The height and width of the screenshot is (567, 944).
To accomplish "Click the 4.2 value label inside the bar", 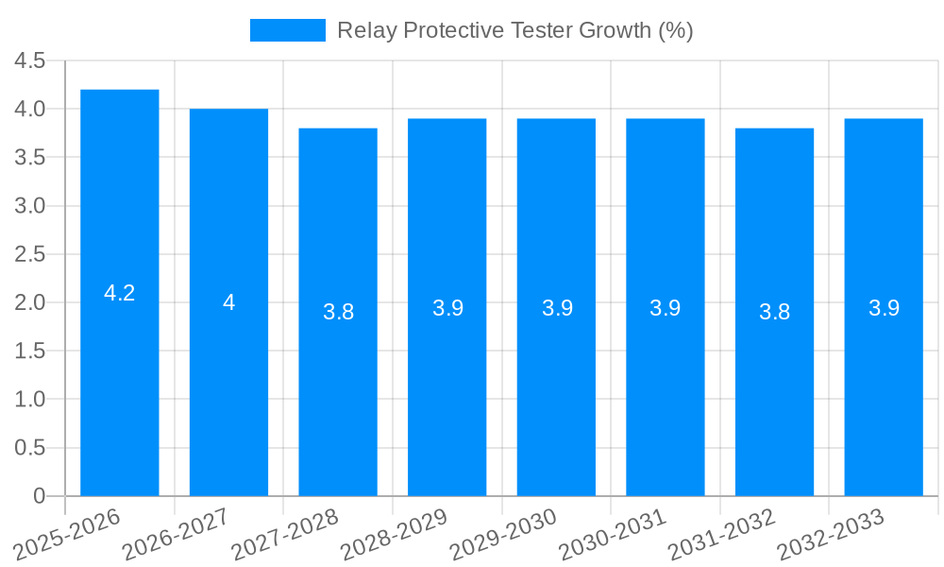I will tap(120, 293).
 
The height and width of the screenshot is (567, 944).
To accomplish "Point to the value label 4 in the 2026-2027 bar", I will tap(228, 302).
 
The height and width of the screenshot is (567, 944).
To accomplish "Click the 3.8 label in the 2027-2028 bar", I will tap(338, 312).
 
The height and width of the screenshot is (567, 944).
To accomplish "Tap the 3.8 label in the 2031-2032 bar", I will tap(774, 312).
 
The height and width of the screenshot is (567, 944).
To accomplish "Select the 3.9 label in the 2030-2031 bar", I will tap(666, 307).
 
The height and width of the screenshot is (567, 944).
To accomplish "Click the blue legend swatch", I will tap(287, 30).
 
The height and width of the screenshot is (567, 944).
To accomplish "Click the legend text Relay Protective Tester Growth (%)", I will tap(514, 30).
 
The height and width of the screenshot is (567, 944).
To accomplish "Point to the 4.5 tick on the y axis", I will tap(30, 60).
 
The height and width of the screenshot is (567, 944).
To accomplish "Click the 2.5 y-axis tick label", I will tap(30, 254).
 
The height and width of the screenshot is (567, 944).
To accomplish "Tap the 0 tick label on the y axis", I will tap(39, 496).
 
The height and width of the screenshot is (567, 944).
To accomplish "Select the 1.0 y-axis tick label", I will tap(30, 400).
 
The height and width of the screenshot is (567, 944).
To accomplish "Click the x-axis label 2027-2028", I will tap(285, 535).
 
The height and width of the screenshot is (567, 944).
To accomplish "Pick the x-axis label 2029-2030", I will tap(503, 535).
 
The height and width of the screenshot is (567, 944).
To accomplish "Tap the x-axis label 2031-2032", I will tap(721, 535).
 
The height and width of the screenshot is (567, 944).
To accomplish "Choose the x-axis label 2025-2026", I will tap(67, 535).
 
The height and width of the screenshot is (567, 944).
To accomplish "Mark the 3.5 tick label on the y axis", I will tap(30, 158).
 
